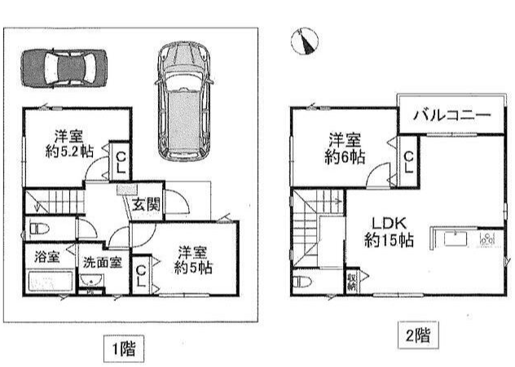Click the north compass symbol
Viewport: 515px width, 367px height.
pos(305,41)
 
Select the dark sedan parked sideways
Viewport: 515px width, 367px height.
pos(64,68)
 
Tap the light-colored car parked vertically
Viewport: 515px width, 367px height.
pos(184,101)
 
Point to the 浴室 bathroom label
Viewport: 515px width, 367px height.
pos(47,257)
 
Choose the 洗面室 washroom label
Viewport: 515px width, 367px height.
pos(102,262)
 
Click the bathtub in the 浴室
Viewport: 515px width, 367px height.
pos(51,281)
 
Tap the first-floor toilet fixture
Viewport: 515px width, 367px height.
pos(39,229)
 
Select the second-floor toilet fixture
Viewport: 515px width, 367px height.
pos(302,282)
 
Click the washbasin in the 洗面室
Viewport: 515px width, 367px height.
pos(91,281)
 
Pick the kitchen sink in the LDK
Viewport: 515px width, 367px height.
pos(456,238)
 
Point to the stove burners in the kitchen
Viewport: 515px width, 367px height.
pos(487,238)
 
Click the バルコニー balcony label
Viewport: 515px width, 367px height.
pos(451,115)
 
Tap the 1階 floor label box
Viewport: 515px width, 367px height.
pos(124,348)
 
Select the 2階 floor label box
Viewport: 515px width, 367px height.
pos(418,335)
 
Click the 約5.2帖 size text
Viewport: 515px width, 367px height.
pos(69,151)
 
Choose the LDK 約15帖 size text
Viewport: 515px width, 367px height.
pos(389,240)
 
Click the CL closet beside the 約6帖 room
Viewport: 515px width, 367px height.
pos(408,162)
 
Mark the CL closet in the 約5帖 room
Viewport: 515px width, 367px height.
pos(141,276)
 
